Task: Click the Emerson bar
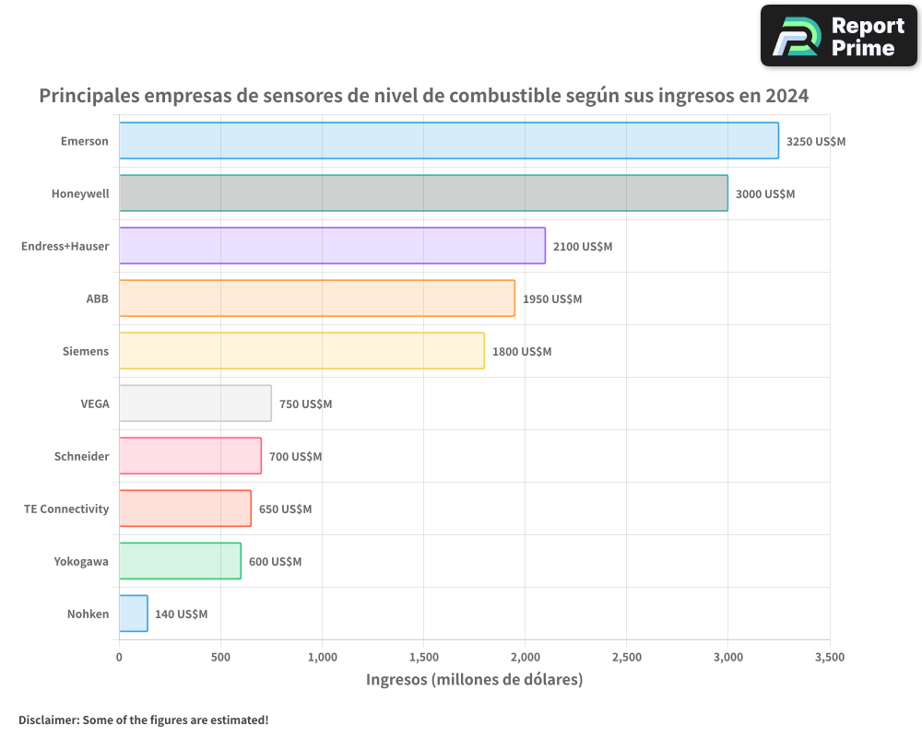tap(448, 141)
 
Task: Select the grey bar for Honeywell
tap(423, 193)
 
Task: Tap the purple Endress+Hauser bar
tap(332, 246)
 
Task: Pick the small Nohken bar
tap(133, 614)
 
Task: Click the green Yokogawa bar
tap(180, 561)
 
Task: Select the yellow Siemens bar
tap(301, 351)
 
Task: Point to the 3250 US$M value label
tap(815, 142)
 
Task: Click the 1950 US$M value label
tap(551, 299)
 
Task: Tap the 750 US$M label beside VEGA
tap(305, 404)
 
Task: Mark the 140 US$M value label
tap(181, 614)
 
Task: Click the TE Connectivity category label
tap(66, 509)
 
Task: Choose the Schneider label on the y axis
tap(81, 457)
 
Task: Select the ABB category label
tap(97, 298)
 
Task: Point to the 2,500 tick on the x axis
tap(626, 658)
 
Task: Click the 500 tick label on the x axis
tap(220, 658)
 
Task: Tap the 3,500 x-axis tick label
tap(829, 658)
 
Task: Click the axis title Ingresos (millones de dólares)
tap(474, 680)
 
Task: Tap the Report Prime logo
tap(838, 36)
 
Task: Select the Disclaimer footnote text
tap(144, 719)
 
